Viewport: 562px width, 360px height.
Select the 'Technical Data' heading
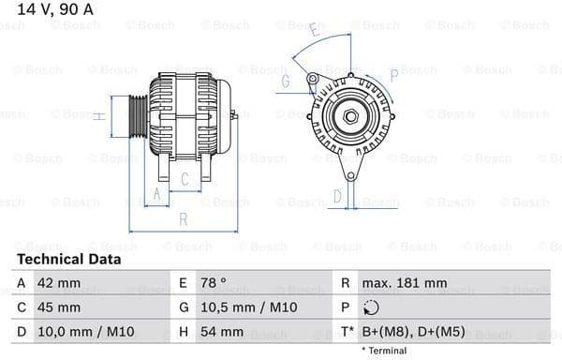68,259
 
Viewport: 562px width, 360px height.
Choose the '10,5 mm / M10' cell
242,307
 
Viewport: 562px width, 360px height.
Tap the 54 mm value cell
223,331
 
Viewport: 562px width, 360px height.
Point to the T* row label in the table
347,331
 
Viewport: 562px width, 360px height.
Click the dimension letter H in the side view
98,116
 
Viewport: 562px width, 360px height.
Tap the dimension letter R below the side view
184,219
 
